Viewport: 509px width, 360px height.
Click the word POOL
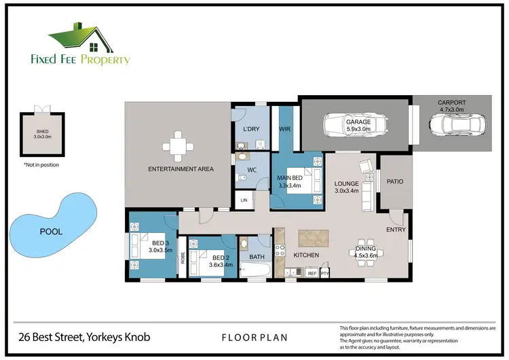tap(51, 232)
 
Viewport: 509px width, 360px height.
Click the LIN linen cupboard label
tap(244, 200)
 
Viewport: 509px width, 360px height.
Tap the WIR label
tap(285, 128)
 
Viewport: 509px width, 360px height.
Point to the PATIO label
tap(395, 181)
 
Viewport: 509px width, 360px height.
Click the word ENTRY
tap(396, 230)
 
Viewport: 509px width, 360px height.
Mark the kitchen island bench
tap(313, 238)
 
